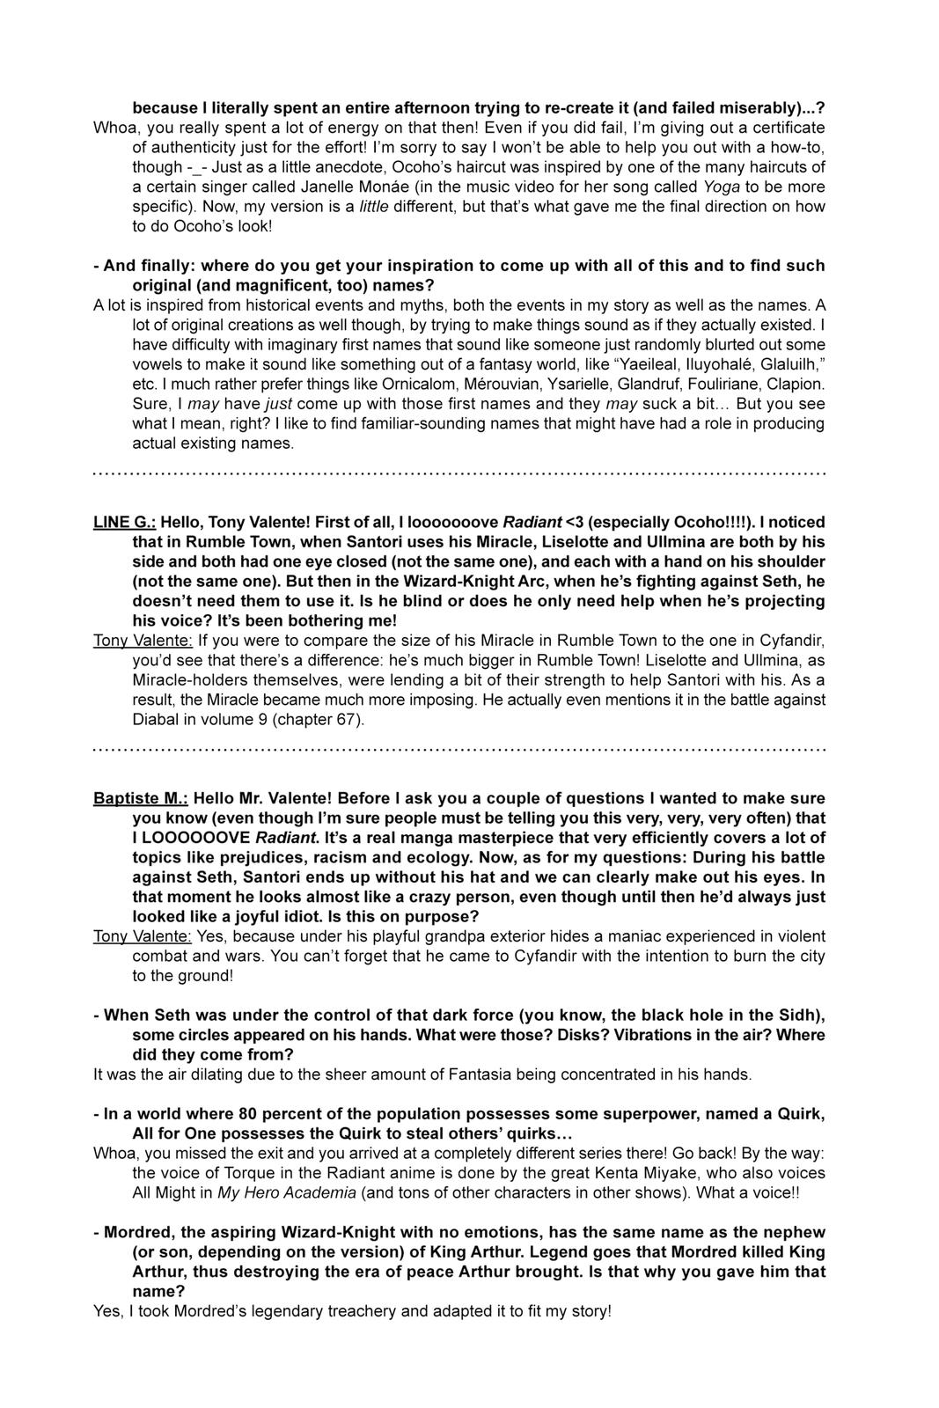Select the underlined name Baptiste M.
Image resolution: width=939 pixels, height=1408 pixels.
[141, 798]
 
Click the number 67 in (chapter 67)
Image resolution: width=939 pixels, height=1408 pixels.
[346, 719]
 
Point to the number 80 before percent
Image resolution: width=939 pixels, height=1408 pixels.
[216, 1114]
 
